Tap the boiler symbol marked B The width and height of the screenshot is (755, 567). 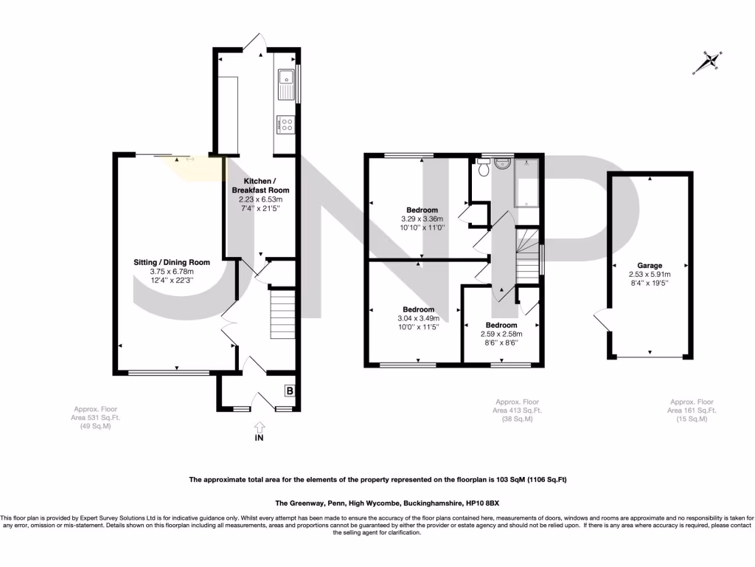point(290,391)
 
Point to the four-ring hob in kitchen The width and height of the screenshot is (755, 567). point(285,126)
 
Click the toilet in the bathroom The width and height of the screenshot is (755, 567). point(484,168)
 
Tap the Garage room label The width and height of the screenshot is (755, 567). point(650,266)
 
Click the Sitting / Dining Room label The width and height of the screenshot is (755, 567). point(172,262)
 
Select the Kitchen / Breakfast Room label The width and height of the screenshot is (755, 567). point(260,185)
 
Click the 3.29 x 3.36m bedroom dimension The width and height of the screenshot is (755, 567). point(420,219)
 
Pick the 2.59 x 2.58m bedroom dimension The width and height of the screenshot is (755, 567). point(501,334)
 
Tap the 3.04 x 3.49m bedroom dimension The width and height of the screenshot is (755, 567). point(418,318)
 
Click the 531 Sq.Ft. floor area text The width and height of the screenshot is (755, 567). point(95,418)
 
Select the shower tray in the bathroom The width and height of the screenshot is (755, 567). point(526,182)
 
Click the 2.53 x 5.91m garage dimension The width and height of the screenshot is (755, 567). point(650,274)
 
